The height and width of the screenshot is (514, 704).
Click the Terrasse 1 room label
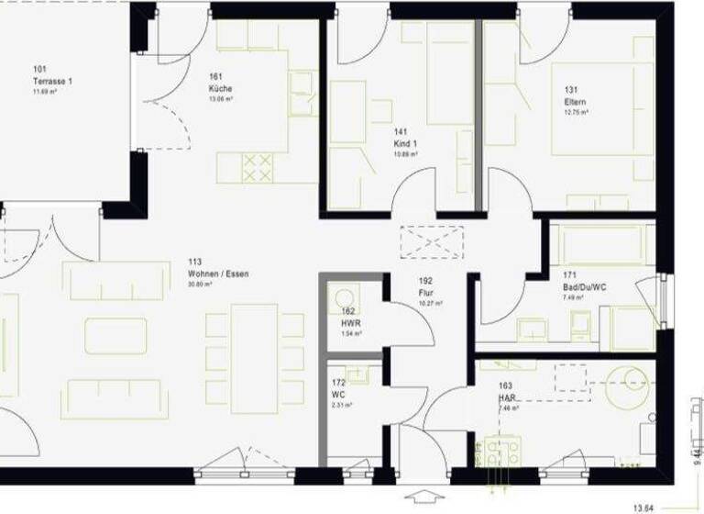(x=52, y=81)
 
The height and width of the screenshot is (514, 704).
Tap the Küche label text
(x=220, y=88)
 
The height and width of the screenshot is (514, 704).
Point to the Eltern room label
(x=575, y=102)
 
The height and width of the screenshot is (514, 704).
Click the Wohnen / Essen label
(x=218, y=274)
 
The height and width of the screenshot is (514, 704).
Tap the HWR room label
(x=349, y=322)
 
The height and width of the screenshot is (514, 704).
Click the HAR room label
(x=508, y=398)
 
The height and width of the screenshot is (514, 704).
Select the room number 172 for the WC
(x=337, y=383)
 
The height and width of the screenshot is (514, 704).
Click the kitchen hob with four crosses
(x=258, y=167)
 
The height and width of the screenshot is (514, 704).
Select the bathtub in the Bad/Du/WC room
(x=602, y=244)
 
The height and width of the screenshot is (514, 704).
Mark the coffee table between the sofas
(x=115, y=336)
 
